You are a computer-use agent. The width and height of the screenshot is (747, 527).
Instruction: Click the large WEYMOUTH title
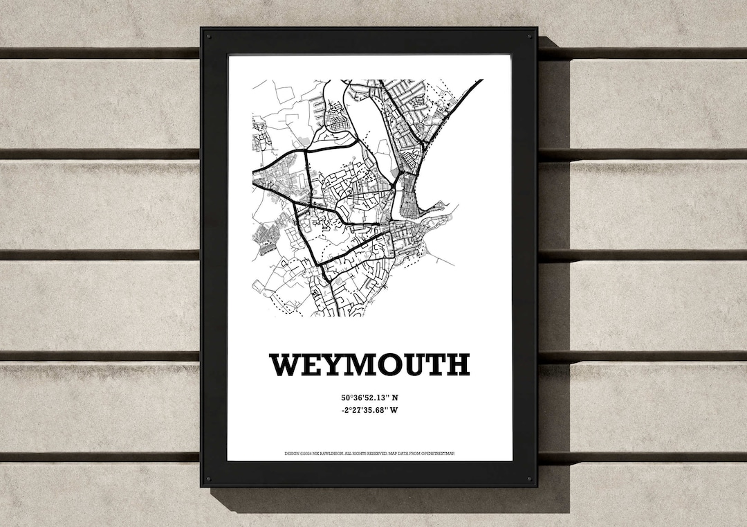tap(370, 364)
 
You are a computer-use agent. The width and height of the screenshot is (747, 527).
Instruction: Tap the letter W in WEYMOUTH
tap(285, 364)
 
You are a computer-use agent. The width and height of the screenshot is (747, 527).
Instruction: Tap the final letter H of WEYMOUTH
tap(459, 364)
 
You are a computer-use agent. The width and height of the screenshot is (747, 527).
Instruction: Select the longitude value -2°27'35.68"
tap(365, 410)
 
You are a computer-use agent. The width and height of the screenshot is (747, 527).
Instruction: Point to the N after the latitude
tap(396, 398)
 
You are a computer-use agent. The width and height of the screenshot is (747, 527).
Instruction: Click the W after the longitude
tap(396, 410)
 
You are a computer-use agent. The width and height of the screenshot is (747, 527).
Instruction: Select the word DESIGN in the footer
tap(291, 454)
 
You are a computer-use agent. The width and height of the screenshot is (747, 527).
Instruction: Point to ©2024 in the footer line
tap(305, 454)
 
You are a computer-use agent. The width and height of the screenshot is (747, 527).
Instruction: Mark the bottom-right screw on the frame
tap(531, 479)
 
